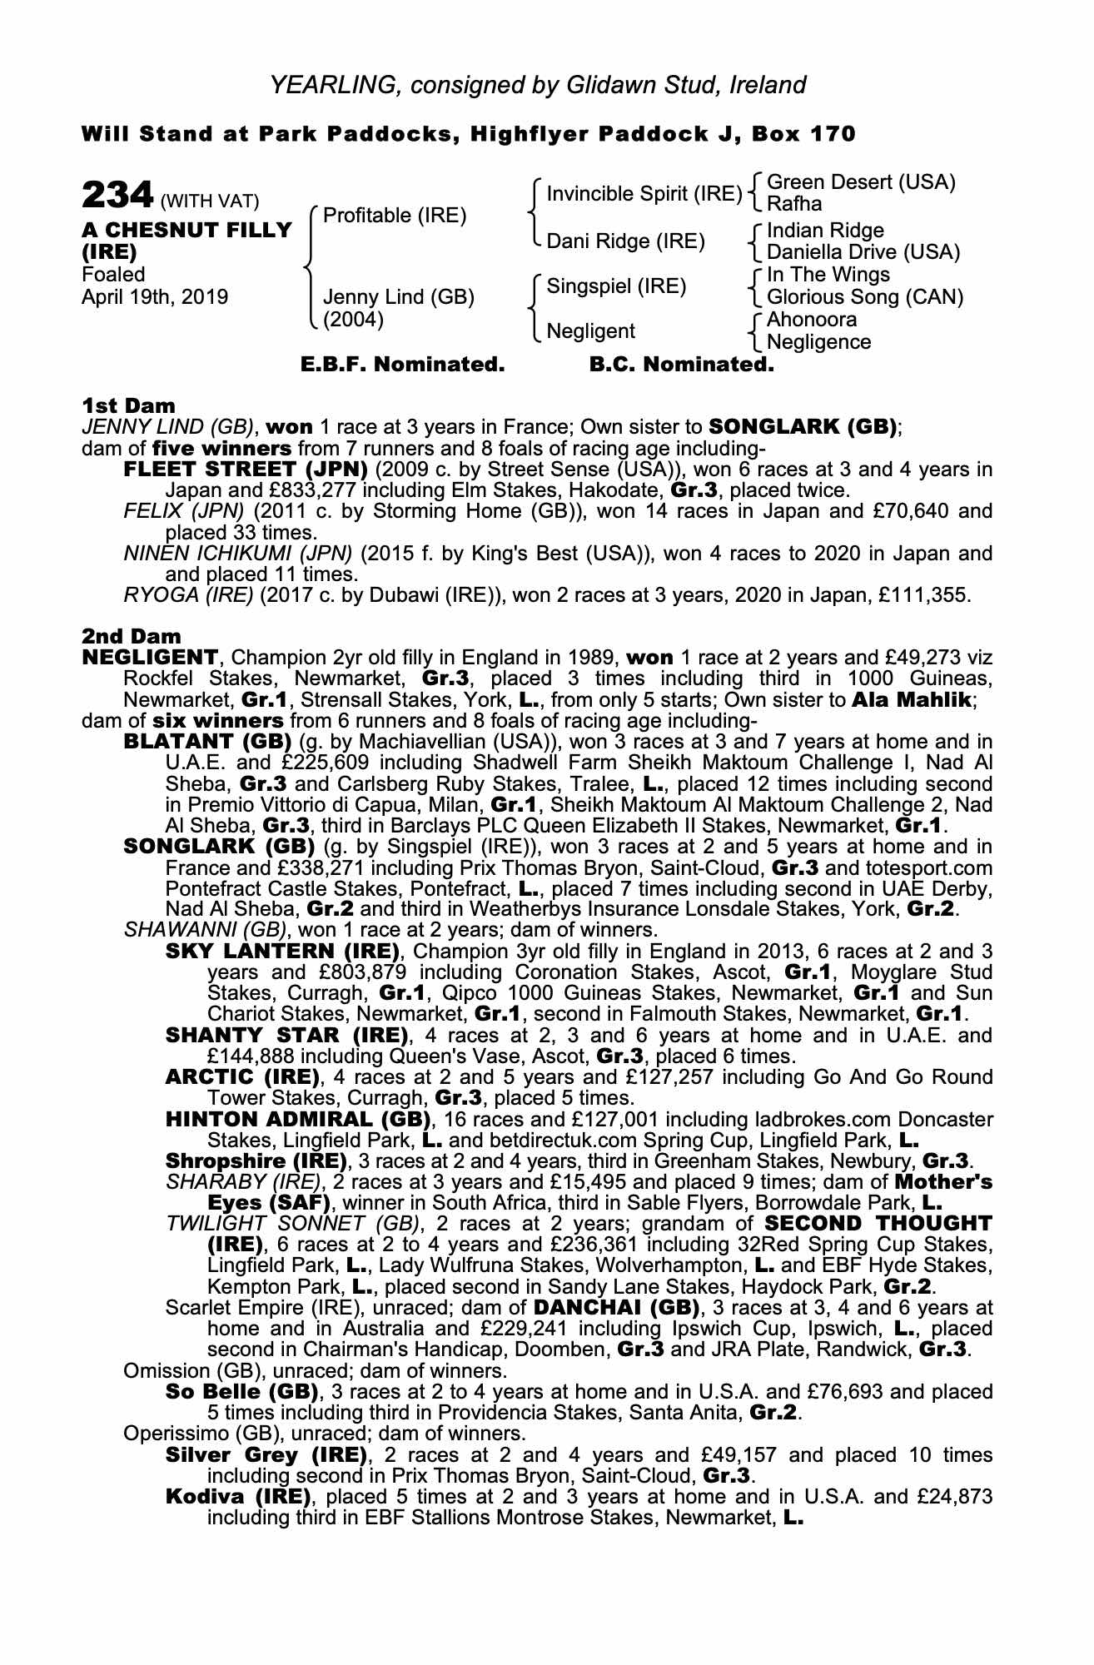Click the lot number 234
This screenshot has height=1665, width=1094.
click(117, 196)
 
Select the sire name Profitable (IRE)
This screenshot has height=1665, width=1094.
click(395, 216)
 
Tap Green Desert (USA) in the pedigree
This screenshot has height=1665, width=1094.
click(861, 182)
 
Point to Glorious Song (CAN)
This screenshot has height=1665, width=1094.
click(865, 297)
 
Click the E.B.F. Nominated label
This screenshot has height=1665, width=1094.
click(402, 365)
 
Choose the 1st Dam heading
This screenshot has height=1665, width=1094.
click(128, 405)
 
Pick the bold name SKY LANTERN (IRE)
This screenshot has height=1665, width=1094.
click(284, 951)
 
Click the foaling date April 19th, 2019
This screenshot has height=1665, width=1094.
click(155, 297)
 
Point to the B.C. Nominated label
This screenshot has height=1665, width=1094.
click(682, 365)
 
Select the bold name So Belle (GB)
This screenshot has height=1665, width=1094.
click(242, 1391)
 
